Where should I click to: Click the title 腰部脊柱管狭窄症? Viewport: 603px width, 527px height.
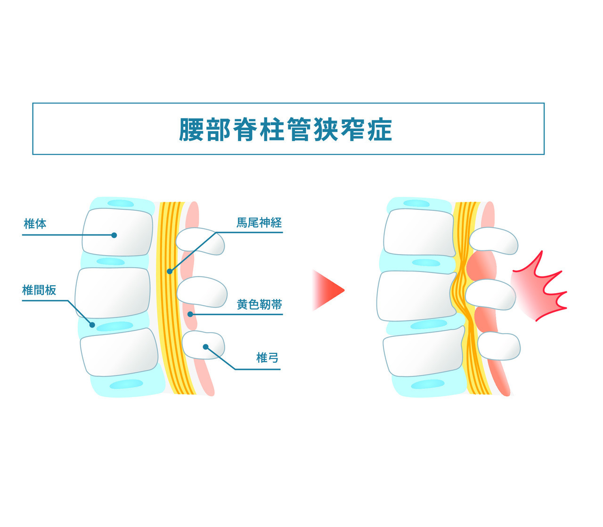click(285, 129)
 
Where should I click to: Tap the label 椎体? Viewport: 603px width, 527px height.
click(35, 224)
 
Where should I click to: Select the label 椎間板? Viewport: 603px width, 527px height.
click(39, 290)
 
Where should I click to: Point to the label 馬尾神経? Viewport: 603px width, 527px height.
click(259, 223)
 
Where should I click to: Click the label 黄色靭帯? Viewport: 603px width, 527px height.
click(260, 304)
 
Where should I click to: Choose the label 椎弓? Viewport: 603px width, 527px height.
click(267, 358)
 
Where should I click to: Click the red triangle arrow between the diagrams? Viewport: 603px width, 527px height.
click(328, 290)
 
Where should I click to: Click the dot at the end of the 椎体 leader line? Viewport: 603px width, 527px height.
click(114, 235)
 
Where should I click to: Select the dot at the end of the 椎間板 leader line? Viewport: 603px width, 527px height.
click(92, 325)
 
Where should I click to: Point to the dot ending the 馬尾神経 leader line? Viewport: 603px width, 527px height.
click(170, 271)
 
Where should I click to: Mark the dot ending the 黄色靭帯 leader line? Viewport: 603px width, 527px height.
click(190, 314)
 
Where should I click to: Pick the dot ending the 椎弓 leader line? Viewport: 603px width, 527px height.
click(205, 347)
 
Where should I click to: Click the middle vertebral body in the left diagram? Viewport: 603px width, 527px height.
click(113, 293)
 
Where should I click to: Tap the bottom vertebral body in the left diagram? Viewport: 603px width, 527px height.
click(119, 352)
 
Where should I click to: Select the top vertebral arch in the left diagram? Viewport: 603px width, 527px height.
click(200, 241)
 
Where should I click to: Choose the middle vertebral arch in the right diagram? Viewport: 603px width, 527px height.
click(491, 295)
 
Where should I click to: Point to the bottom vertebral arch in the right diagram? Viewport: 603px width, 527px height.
click(499, 346)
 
